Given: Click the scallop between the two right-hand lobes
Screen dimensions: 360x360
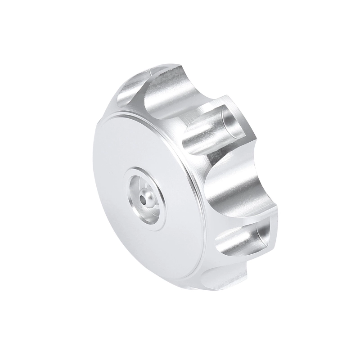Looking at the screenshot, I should pos(234,189).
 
